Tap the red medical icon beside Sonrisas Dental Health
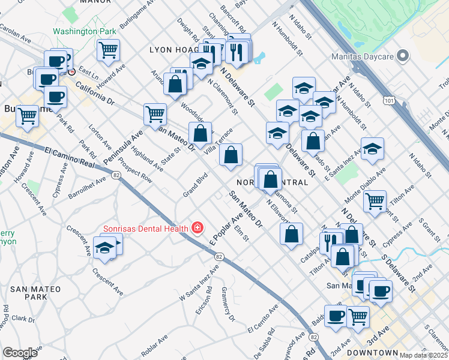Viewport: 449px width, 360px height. (x=197, y=228)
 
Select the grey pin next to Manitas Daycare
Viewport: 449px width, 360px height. (x=403, y=58)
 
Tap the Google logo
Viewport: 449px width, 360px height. (x=20, y=353)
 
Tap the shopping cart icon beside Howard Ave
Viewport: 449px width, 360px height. (x=108, y=50)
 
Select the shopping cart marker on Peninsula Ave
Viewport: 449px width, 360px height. (x=155, y=114)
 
